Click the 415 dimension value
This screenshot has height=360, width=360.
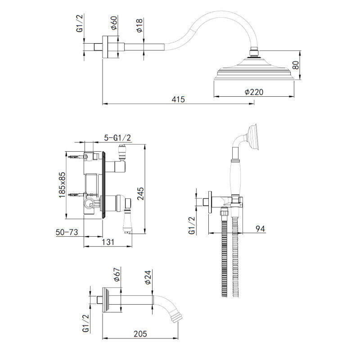(178, 99)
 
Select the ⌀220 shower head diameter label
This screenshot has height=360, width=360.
(254, 92)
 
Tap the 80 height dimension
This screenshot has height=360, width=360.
(296, 65)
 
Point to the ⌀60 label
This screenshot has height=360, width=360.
(114, 23)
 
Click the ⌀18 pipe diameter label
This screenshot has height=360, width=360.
(139, 26)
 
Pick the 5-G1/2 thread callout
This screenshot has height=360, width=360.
(117, 138)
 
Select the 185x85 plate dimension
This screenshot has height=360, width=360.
(62, 185)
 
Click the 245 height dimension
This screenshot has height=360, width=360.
(140, 193)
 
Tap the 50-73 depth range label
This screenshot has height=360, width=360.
(67, 232)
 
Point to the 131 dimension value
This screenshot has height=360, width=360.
(108, 242)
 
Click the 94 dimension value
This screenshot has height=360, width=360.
(261, 229)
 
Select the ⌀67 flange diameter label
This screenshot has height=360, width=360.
(117, 274)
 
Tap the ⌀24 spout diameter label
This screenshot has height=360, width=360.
(148, 277)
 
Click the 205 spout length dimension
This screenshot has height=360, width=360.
(140, 334)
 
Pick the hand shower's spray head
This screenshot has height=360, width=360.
(253, 137)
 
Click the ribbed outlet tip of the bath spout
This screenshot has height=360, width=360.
(176, 317)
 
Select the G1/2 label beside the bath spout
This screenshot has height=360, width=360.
(85, 323)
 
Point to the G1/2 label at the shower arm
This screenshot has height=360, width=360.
(80, 23)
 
